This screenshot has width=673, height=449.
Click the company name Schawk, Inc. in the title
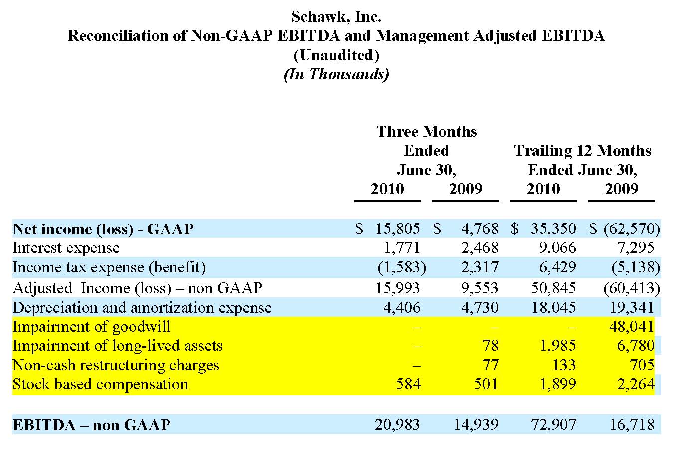[x=336, y=17]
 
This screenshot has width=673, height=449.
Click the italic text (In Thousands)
[x=336, y=74]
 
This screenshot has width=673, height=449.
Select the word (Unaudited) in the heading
[x=336, y=55]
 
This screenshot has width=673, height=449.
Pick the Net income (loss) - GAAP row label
[x=103, y=229]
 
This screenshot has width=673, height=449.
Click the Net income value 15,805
[x=397, y=229]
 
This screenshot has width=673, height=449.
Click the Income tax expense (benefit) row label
[x=109, y=267]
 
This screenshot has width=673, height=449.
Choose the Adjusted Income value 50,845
[x=553, y=288]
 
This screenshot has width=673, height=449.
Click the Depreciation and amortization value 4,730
[x=479, y=307]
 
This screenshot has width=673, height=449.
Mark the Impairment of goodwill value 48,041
[x=631, y=327]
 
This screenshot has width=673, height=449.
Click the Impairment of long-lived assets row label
[x=118, y=346]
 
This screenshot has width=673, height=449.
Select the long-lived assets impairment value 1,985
[x=557, y=346]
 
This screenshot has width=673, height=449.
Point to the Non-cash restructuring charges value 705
[x=642, y=365]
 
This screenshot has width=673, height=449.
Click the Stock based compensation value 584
[x=408, y=384]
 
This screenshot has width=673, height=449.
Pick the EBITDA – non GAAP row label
[x=91, y=425]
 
